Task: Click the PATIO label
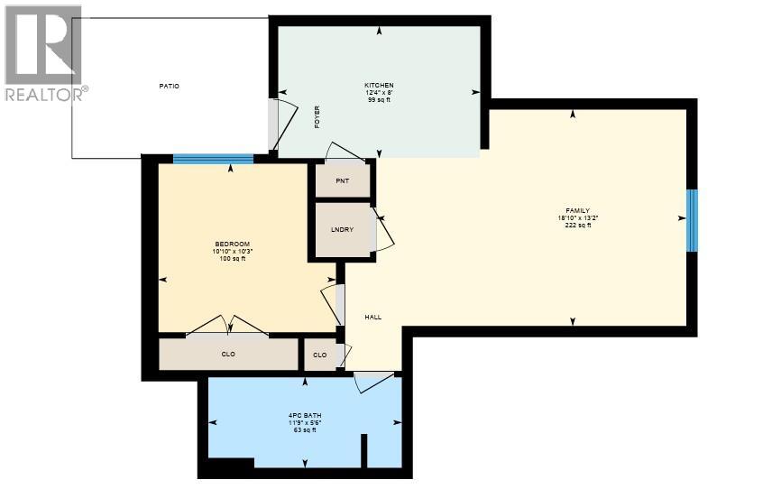click(x=169, y=87)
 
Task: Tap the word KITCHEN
click(x=379, y=85)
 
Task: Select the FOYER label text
click(x=317, y=117)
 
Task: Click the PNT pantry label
click(x=342, y=181)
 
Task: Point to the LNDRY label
click(x=342, y=229)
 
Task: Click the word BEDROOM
click(x=233, y=244)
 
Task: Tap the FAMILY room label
click(x=578, y=211)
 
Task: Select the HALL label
click(x=373, y=318)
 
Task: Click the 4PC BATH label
click(x=305, y=416)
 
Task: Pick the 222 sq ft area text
click(x=578, y=225)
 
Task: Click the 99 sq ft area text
click(x=379, y=99)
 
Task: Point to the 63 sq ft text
click(x=305, y=430)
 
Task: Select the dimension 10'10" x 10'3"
click(x=233, y=251)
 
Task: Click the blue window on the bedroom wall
click(x=213, y=159)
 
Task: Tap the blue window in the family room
click(x=693, y=221)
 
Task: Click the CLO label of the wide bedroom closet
click(x=228, y=354)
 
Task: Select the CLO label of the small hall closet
click(x=319, y=355)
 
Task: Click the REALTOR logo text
click(x=46, y=94)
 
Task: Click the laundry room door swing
click(x=383, y=229)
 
